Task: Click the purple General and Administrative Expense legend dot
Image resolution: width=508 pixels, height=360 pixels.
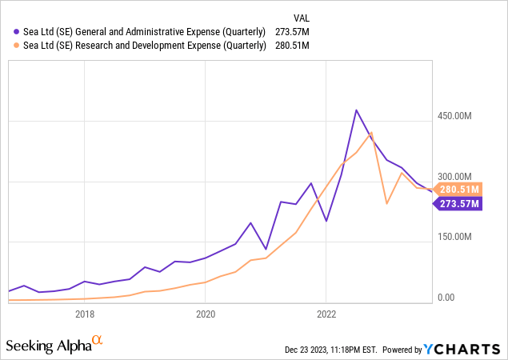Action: click(x=8, y=31)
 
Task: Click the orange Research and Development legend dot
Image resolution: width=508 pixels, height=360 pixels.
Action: click(x=8, y=45)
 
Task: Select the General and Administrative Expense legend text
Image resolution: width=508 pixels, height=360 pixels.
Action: click(x=140, y=31)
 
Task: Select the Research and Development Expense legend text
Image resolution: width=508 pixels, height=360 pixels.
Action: click(x=140, y=45)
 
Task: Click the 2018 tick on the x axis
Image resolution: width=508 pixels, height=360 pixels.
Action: click(x=85, y=314)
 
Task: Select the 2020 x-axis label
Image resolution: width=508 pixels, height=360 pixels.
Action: click(x=206, y=314)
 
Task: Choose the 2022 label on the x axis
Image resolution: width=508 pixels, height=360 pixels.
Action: click(x=326, y=314)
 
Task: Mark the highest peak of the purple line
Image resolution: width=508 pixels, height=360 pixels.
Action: click(x=356, y=110)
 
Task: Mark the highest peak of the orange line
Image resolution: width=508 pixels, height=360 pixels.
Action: click(x=371, y=132)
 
